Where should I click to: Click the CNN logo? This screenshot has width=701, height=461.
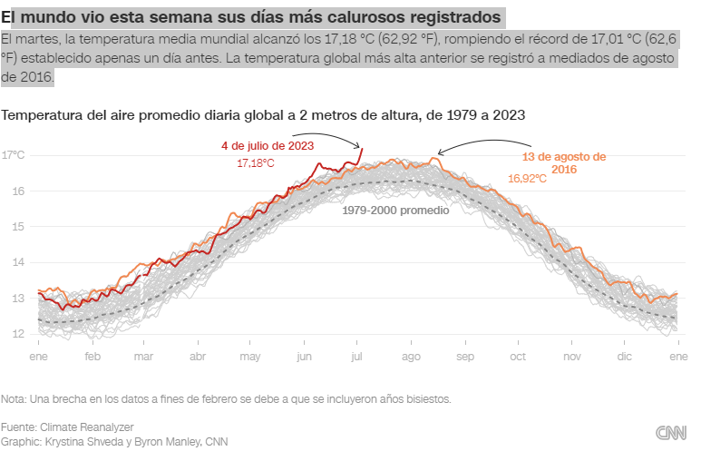[670, 434]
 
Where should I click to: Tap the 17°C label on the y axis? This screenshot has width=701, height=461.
[14, 155]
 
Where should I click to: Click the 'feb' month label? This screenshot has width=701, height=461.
[92, 357]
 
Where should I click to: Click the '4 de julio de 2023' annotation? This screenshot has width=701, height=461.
[268, 145]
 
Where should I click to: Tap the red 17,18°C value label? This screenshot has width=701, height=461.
[256, 162]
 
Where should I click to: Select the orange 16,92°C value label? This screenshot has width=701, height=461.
[527, 179]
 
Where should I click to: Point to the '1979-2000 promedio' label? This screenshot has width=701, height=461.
[395, 210]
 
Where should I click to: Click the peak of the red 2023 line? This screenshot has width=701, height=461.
[361, 149]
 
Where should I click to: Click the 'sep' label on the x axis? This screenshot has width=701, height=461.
[465, 357]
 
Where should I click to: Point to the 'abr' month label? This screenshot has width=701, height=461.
[198, 357]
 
